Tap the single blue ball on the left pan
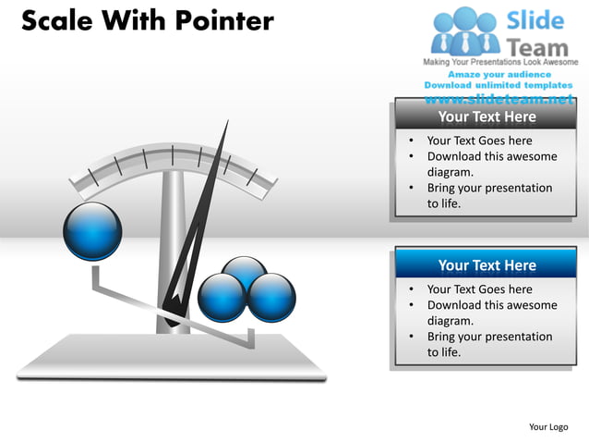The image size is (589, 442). point(92,231)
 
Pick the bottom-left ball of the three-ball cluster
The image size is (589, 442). point(222,297)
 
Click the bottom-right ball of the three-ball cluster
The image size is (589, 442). point(272,298)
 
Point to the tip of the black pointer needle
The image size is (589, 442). point(225,122)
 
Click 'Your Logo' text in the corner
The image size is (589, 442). point(548,426)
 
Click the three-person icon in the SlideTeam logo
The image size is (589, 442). point(465,31)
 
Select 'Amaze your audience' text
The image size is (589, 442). point(499,74)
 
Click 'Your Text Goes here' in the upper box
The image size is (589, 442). point(479,141)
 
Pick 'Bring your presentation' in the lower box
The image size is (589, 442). point(489,337)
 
